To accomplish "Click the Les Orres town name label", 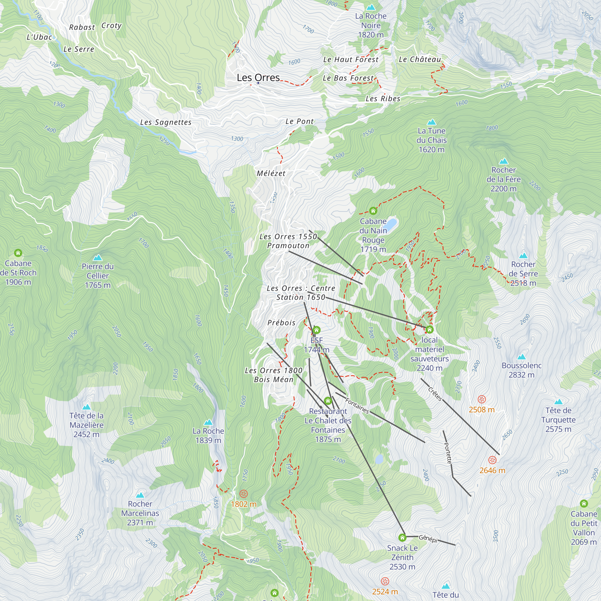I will click(x=258, y=78).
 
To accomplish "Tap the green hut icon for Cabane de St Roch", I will click(x=18, y=253).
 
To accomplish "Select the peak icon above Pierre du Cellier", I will click(x=98, y=257).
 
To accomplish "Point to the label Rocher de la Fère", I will click(x=503, y=179).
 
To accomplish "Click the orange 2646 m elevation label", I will click(x=492, y=470).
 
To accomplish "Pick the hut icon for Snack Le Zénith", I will click(x=402, y=537).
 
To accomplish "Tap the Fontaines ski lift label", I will click(x=357, y=406).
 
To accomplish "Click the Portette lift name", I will click(x=448, y=453).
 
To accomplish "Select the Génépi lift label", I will click(x=428, y=538).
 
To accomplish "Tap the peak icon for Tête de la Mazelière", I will click(x=86, y=407).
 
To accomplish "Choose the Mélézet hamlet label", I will click(x=271, y=174).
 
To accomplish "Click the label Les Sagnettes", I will click(x=166, y=122).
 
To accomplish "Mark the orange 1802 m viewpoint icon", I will click(x=244, y=494).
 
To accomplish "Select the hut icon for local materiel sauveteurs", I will click(x=430, y=329).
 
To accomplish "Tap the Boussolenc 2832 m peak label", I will click(x=521, y=370).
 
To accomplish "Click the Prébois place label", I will click(x=282, y=322).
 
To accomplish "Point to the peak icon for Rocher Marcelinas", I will click(x=140, y=495).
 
